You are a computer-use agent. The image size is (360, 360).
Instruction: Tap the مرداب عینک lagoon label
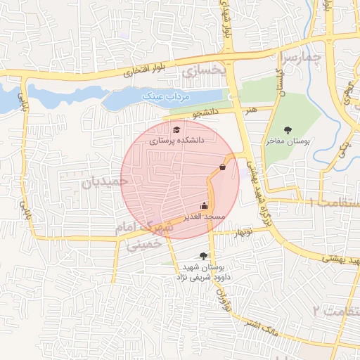(162, 95)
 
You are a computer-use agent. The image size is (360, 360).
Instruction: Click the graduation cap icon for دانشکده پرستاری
(176, 129)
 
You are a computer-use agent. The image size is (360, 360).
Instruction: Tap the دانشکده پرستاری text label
(176, 141)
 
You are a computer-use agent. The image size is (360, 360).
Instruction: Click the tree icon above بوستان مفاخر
(288, 130)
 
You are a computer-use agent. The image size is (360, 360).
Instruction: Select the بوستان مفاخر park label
(288, 141)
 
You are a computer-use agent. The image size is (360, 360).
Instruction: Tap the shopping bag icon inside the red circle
(223, 167)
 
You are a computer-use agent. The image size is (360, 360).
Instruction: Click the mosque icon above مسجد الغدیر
(204, 205)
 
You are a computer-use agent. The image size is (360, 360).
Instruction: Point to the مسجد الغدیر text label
(204, 217)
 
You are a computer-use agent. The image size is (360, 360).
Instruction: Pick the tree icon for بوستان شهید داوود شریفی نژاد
(204, 256)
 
